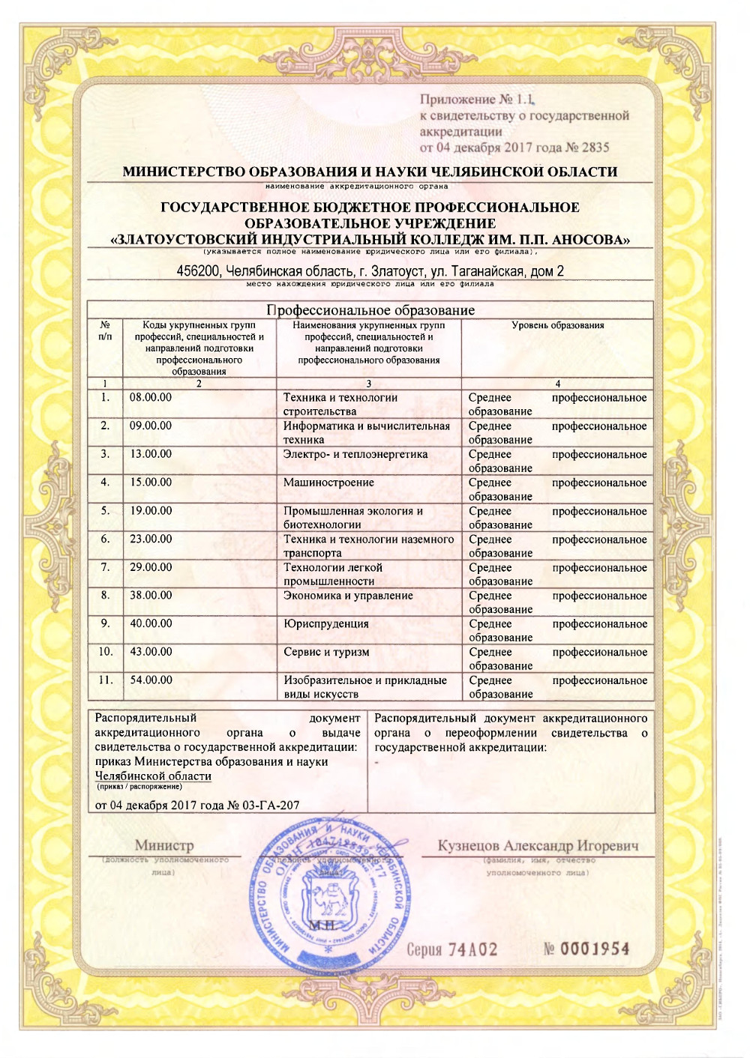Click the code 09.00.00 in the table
tap(151, 426)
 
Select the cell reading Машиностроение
tap(328, 483)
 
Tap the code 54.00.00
tap(151, 680)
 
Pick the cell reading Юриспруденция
tap(326, 623)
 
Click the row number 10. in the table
tap(106, 652)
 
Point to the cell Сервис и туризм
tap(326, 652)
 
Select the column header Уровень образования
tap(557, 325)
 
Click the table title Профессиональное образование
tap(370, 310)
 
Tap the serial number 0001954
tap(595, 949)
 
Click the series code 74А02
tap(472, 950)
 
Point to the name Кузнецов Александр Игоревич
tap(538, 846)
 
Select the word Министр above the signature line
tap(164, 846)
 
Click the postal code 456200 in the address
tap(199, 271)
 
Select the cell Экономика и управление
tap(348, 596)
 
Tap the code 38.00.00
tap(151, 595)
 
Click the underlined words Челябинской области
tap(153, 776)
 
